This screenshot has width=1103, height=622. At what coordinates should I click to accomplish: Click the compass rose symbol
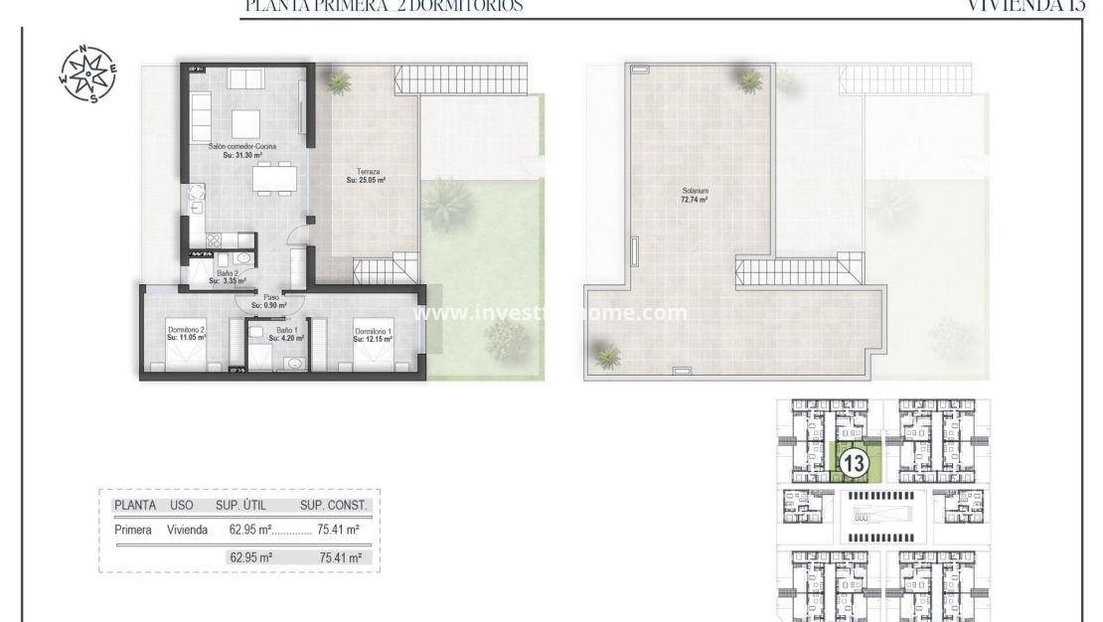(87, 75)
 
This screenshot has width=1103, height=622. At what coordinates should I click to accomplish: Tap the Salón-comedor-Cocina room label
(241, 151)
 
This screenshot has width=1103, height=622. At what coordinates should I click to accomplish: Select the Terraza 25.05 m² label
(366, 176)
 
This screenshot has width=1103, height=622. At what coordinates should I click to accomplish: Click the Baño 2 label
(227, 277)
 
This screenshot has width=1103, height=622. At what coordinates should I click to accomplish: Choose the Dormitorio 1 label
(373, 335)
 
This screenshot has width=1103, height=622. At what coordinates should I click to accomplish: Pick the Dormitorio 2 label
(186, 334)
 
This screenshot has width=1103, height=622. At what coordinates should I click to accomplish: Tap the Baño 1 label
(286, 334)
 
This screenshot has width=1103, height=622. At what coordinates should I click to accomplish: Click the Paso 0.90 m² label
(268, 301)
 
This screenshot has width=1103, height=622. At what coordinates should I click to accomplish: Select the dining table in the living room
(273, 179)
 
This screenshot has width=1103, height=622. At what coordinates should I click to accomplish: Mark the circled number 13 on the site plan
(854, 462)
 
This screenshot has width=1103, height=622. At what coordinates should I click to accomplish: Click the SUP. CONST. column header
(334, 506)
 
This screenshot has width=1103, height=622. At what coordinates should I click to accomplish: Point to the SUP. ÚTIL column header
(243, 506)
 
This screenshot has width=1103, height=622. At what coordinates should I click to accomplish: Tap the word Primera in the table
(133, 530)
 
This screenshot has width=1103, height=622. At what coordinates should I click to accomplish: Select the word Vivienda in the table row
(187, 530)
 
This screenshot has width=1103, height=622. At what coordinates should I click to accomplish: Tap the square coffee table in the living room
(246, 122)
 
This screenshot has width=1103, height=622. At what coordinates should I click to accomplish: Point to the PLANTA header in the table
(135, 506)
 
